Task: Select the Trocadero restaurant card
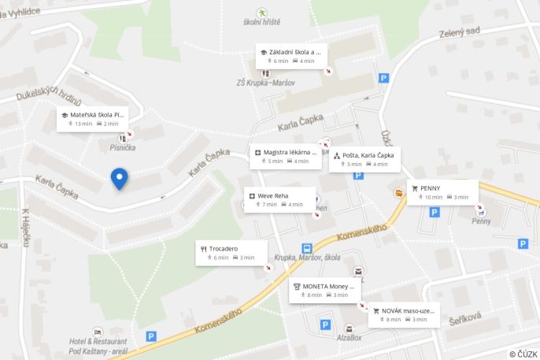pyautogui.click(x=231, y=252)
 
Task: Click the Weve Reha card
pyautogui.click(x=279, y=199)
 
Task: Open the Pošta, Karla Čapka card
pyautogui.click(x=364, y=159)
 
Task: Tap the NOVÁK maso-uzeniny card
pyautogui.click(x=403, y=314)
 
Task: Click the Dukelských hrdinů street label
pyautogui.click(x=49, y=95)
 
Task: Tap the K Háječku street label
pyautogui.click(x=25, y=228)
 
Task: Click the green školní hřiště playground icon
pyautogui.click(x=261, y=12)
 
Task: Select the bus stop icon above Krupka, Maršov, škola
pyautogui.click(x=306, y=248)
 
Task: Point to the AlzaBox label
pyautogui.click(x=348, y=336)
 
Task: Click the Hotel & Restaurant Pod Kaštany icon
pyautogui.click(x=98, y=332)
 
